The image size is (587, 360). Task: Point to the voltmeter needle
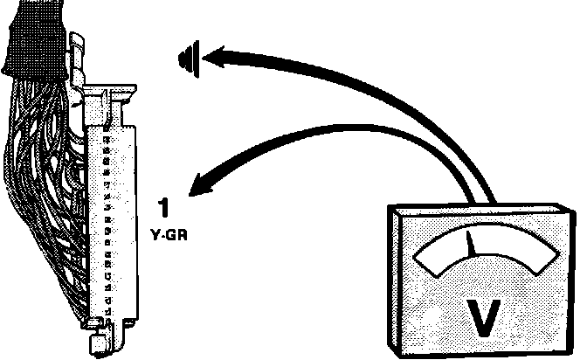472,245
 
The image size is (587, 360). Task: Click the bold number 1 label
163,208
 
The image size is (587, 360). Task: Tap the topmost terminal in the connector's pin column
106,138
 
